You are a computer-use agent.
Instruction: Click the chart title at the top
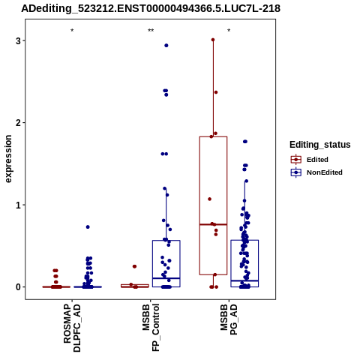[x=151, y=8]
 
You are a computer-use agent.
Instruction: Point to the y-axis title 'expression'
[x=8, y=159]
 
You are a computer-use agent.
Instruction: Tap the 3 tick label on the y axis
[x=18, y=40]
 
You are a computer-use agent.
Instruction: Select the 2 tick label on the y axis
[x=18, y=123]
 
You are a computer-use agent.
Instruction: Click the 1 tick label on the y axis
[x=18, y=205]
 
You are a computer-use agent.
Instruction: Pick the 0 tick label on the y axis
[x=18, y=287]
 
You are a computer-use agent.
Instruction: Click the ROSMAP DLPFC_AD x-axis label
[x=72, y=328]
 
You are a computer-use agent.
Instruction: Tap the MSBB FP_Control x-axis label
[x=151, y=328]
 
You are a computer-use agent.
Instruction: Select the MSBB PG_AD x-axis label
[x=229, y=319]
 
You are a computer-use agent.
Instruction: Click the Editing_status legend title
[x=320, y=145]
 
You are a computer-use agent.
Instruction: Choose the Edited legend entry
[x=309, y=160]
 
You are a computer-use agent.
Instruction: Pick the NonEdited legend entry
[x=316, y=172]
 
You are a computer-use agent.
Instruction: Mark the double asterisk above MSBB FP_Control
[x=151, y=31]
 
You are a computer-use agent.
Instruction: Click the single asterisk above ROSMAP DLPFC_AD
[x=72, y=31]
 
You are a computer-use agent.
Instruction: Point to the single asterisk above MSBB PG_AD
[x=229, y=31]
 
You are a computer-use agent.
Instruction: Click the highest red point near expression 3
[x=213, y=40]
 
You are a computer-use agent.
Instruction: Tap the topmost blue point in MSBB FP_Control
[x=166, y=46]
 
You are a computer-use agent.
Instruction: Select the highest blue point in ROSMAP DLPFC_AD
[x=88, y=227]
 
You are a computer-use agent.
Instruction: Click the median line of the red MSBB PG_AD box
[x=213, y=224]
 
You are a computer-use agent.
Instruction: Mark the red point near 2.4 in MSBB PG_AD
[x=216, y=92]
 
